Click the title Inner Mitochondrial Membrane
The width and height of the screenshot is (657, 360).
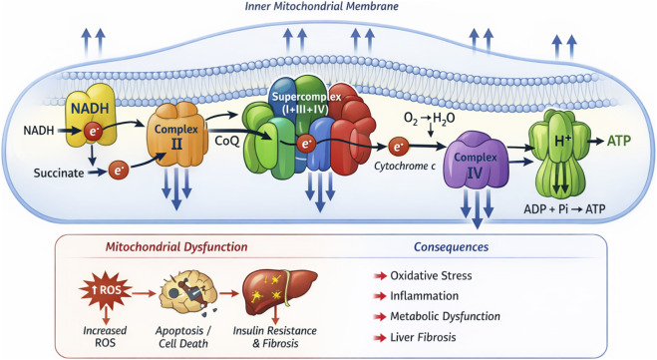321,6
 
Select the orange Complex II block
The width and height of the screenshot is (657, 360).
176,135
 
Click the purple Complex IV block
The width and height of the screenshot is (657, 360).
476,161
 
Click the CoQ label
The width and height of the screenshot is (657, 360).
227,141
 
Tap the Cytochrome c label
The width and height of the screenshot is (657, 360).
405,166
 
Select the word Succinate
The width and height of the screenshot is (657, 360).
59,174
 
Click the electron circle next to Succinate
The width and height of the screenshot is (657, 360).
119,171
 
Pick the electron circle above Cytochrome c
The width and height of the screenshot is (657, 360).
397,147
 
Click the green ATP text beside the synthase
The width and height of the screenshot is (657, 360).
619,141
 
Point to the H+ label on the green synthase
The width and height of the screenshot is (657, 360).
562,141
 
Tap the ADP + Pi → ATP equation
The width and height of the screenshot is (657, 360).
564,208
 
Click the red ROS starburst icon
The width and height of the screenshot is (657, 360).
105,289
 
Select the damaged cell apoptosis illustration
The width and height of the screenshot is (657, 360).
188,292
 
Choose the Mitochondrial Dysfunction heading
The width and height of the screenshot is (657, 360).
176,247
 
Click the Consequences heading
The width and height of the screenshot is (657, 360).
452,247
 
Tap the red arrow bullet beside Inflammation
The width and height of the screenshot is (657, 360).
380,296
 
